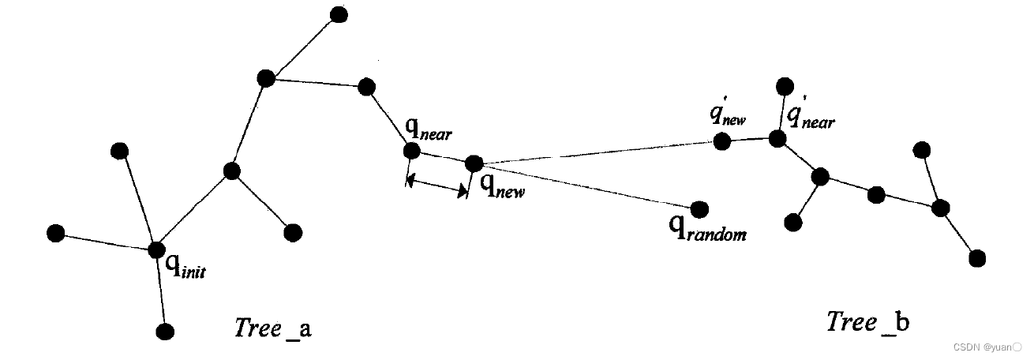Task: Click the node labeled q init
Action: [x=156, y=250]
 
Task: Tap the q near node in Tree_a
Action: [x=411, y=151]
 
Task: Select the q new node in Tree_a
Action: [x=474, y=163]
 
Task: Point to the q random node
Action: [x=699, y=208]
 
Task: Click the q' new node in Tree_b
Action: [x=721, y=141]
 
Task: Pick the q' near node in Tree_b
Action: [x=777, y=139]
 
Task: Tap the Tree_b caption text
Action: [x=867, y=322]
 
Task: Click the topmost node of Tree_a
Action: [x=339, y=14]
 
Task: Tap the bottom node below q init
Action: [x=164, y=332]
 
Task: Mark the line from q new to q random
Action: [x=584, y=186]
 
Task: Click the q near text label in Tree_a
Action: [x=429, y=130]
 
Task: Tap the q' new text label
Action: [x=728, y=116]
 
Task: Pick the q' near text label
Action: [x=810, y=118]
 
